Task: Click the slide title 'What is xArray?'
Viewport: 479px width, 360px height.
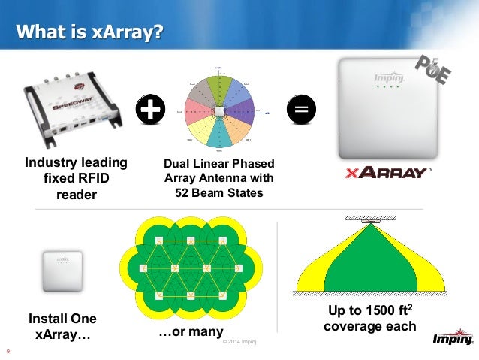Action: (91, 32)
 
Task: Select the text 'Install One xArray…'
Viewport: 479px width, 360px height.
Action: (62, 327)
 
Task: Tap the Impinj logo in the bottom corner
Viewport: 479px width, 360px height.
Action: (451, 340)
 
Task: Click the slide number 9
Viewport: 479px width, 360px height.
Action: (8, 349)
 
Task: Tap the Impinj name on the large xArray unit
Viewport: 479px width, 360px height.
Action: (386, 79)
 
